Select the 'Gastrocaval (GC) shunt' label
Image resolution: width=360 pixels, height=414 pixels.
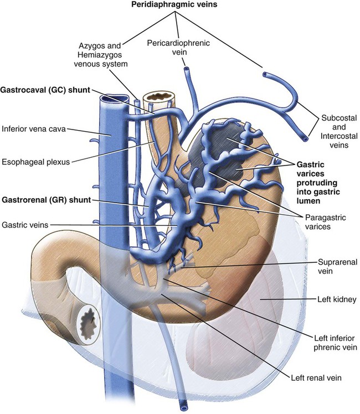45,90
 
